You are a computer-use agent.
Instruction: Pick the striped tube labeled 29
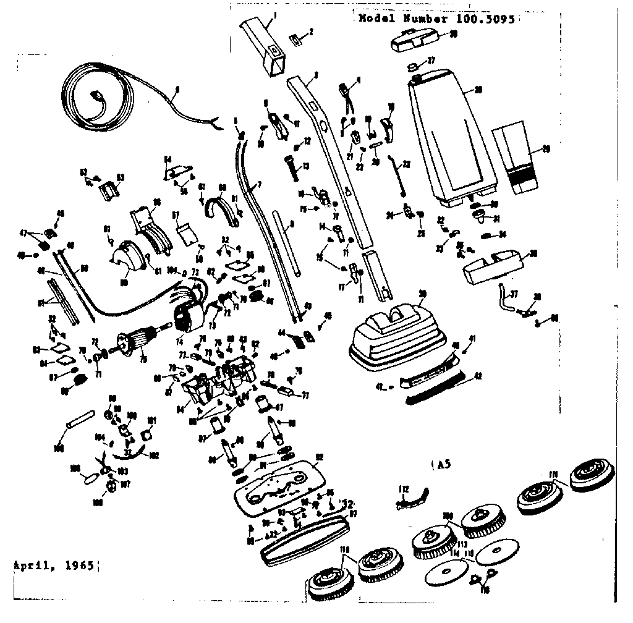tap(520, 158)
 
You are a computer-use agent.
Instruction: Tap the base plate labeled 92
tap(278, 480)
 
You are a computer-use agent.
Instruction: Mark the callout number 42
tap(477, 375)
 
